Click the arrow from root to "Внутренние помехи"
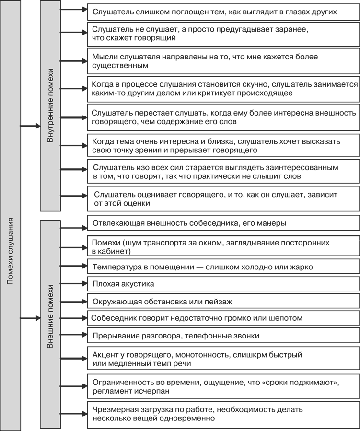tap(30, 127)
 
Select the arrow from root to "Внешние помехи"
tap(30, 318)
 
